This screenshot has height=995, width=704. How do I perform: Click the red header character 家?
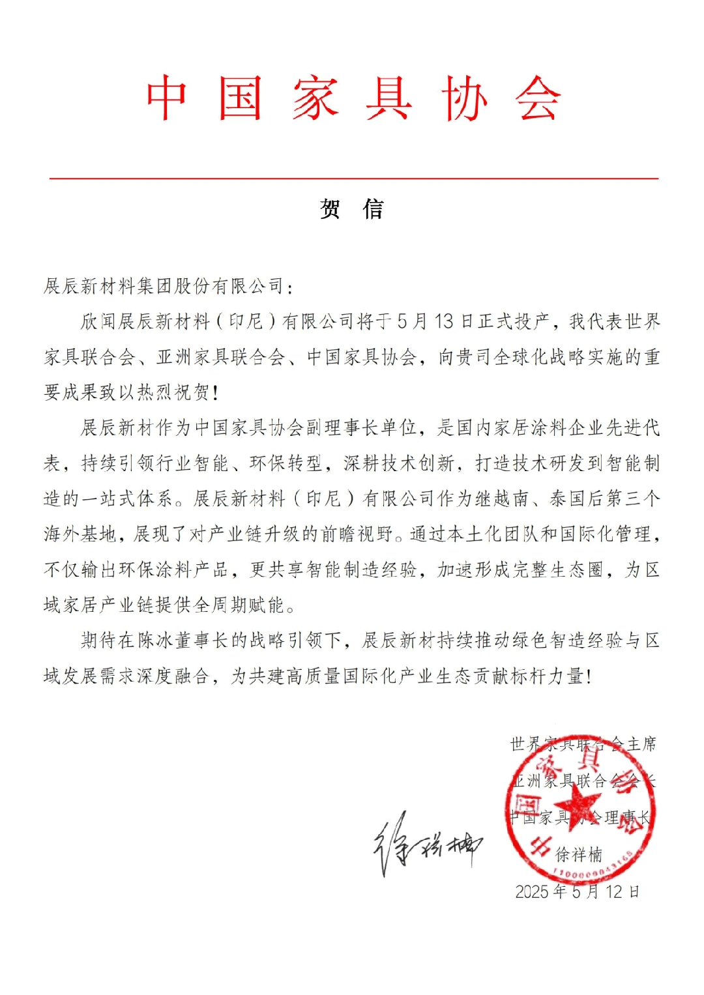pyautogui.click(x=315, y=98)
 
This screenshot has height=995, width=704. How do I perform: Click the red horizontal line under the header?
pyautogui.click(x=353, y=178)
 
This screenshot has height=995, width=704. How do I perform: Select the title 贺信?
pyautogui.click(x=352, y=209)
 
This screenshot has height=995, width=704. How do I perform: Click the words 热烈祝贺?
pyautogui.click(x=173, y=392)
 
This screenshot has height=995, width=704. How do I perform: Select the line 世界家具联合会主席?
pyautogui.click(x=583, y=744)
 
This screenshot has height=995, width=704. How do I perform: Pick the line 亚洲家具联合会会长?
pyautogui.click(x=584, y=781)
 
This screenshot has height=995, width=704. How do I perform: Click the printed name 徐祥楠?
pyautogui.click(x=579, y=854)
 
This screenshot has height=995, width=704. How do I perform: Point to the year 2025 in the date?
pyautogui.click(x=532, y=891)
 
